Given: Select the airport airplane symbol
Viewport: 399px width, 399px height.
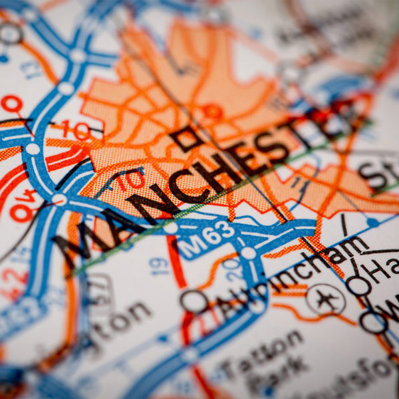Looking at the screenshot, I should click(x=326, y=299).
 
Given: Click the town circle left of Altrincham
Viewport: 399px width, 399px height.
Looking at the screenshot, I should click(x=194, y=301).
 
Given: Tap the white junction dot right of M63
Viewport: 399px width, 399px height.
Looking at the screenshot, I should click(x=248, y=253).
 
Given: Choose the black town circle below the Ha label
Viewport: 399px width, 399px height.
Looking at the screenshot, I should click(x=359, y=286).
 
